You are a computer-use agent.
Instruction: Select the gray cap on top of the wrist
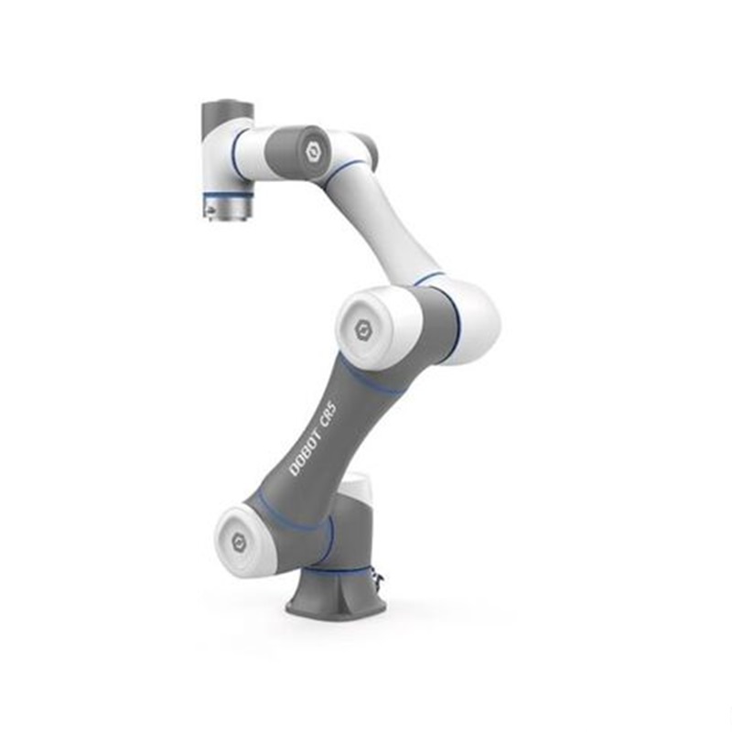tap(226, 117)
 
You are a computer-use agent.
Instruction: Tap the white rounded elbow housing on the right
tap(476, 316)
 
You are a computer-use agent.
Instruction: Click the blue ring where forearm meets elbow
tap(428, 279)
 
